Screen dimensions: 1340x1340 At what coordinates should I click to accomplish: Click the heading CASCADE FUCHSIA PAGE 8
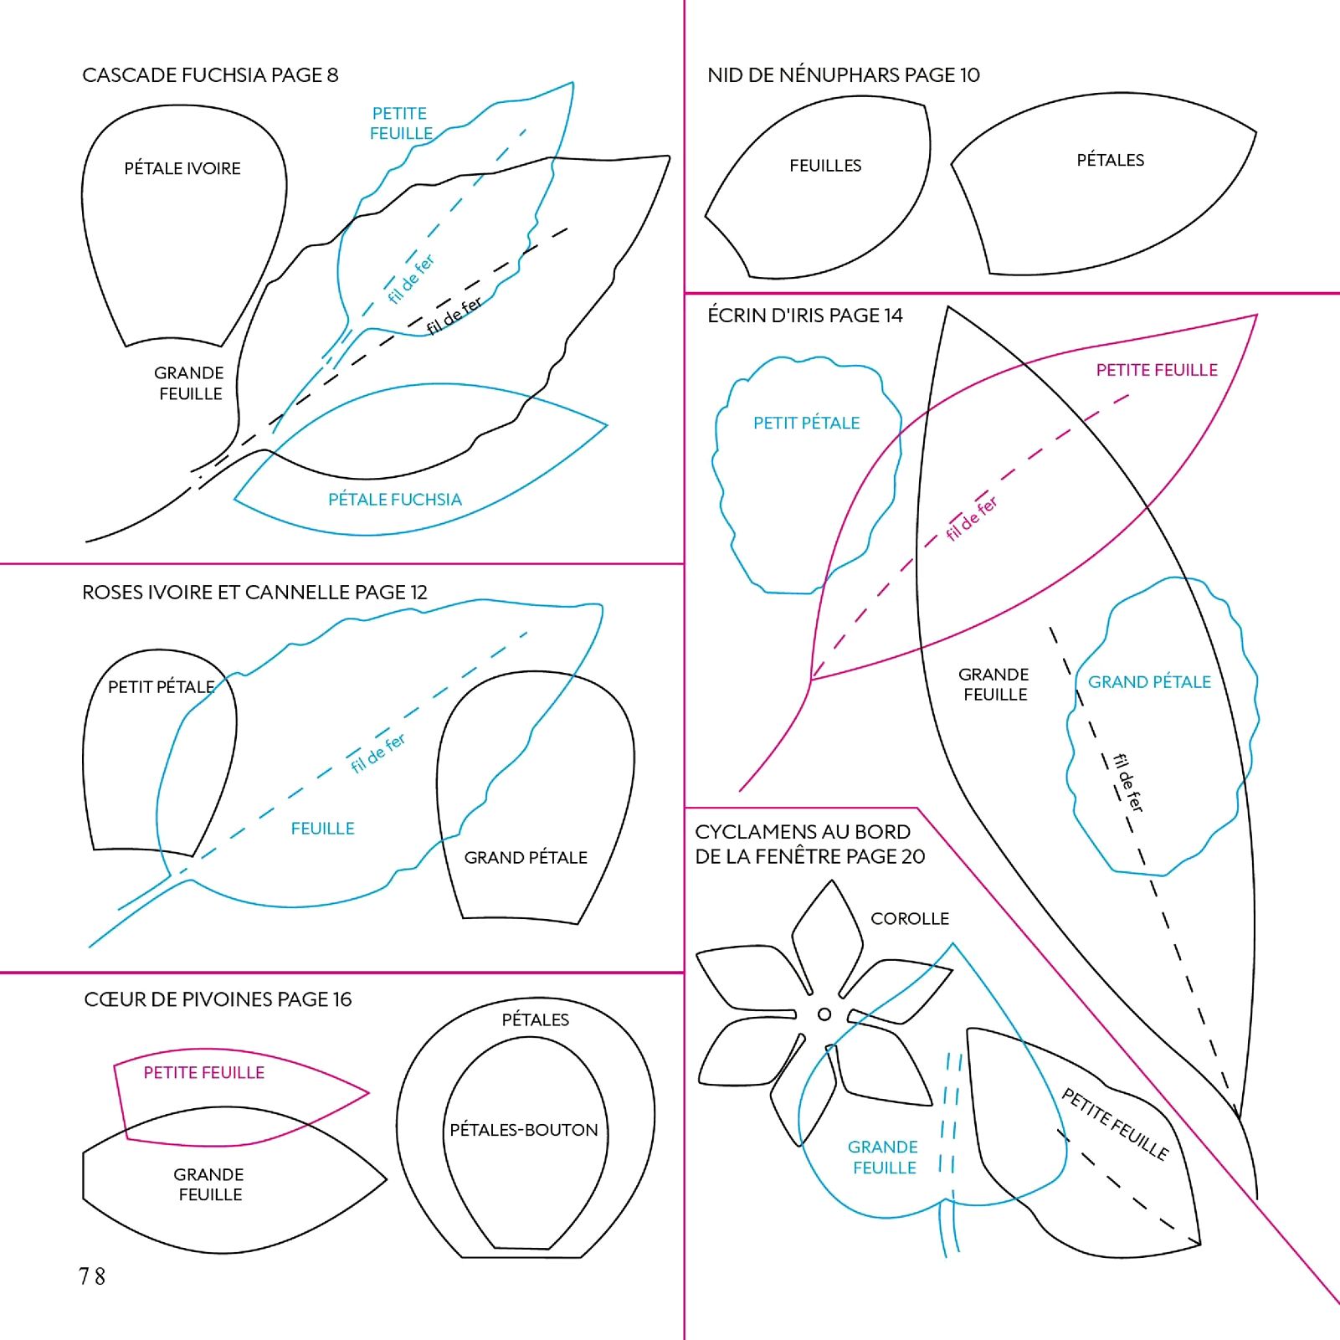tap(210, 75)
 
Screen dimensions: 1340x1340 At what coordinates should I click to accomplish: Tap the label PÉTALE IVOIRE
tap(182, 168)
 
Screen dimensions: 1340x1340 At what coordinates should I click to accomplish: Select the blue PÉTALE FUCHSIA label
tap(394, 500)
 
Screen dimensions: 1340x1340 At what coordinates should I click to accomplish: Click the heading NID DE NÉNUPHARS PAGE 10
tap(843, 75)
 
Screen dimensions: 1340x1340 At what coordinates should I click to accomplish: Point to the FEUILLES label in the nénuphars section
tap(825, 166)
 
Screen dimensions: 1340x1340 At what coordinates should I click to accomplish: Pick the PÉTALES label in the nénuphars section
tap(1110, 160)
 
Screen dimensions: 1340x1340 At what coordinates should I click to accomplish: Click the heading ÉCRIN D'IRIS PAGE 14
tap(804, 316)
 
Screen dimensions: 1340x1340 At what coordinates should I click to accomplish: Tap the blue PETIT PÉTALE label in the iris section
tap(806, 423)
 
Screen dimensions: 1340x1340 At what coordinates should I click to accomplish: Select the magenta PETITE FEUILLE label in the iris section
tap(1157, 370)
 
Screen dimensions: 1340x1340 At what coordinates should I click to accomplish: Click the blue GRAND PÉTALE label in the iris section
tap(1149, 682)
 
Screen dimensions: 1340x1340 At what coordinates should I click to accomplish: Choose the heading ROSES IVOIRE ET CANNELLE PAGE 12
tap(254, 593)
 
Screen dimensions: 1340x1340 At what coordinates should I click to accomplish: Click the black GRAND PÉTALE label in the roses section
tap(526, 857)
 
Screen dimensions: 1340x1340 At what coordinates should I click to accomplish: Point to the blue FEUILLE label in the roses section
tap(322, 829)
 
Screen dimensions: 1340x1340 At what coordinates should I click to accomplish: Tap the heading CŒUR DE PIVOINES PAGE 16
tap(218, 999)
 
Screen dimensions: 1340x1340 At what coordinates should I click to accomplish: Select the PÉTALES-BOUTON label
tap(524, 1130)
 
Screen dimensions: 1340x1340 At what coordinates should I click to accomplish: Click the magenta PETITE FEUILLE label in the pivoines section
tap(203, 1073)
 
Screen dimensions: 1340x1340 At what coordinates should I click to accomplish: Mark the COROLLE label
tap(910, 919)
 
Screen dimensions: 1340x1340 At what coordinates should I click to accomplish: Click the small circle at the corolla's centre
tap(824, 1014)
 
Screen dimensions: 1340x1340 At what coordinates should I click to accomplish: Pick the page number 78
tap(92, 1276)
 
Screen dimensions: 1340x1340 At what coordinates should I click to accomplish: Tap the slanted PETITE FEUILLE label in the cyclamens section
tap(1115, 1124)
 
